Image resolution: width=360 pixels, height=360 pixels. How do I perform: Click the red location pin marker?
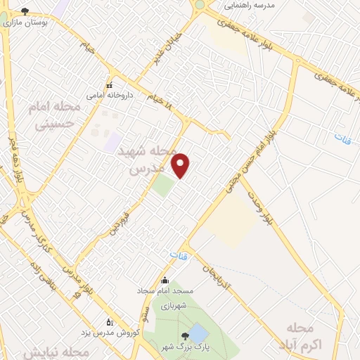coord(181,165)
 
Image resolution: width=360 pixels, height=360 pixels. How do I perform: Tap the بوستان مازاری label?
coord(25,22)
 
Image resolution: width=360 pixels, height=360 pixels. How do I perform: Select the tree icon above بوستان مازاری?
coord(25,11)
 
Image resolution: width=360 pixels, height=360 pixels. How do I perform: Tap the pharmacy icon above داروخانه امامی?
coord(109,85)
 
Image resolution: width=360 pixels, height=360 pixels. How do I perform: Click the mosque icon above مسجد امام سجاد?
coord(165,280)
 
